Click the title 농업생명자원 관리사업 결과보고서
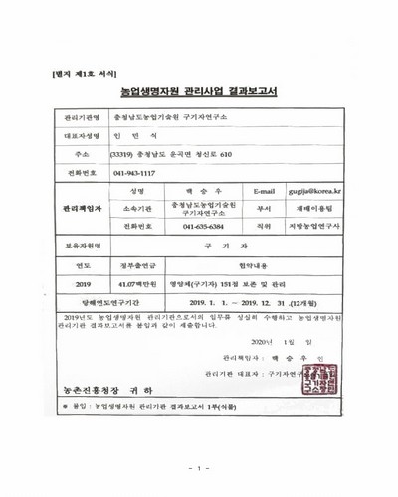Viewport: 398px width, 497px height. (198, 91)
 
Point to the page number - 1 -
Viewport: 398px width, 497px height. (199, 467)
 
